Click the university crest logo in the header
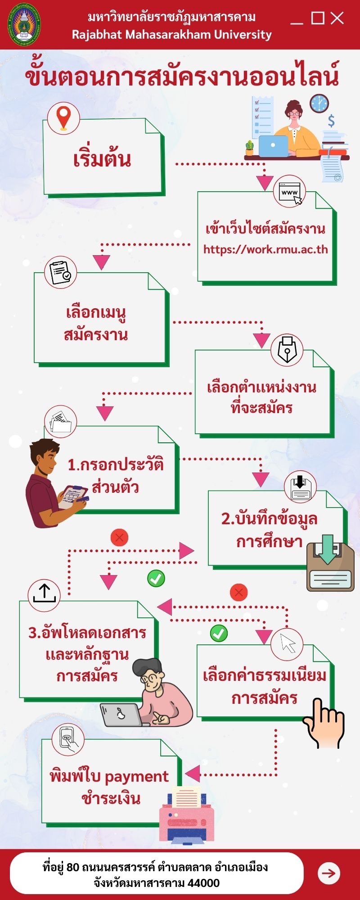[x=24, y=24]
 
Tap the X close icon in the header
[x=337, y=18]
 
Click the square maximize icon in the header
[x=318, y=18]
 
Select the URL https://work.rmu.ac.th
[x=265, y=249]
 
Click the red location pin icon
[x=63, y=117]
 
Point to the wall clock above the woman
[x=319, y=103]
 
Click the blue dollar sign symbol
[x=331, y=121]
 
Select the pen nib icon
[x=287, y=349]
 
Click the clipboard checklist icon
[x=61, y=273]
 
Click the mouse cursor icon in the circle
[x=287, y=644]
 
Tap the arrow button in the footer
[x=329, y=873]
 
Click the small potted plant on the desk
[x=250, y=148]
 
